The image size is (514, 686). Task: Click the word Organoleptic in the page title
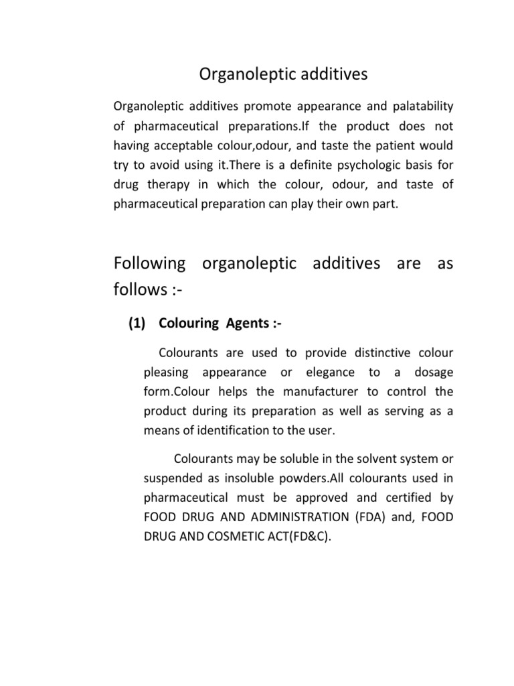coord(238,74)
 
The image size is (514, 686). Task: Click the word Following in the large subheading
coord(150,263)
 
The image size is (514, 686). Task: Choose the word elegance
coord(327,372)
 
